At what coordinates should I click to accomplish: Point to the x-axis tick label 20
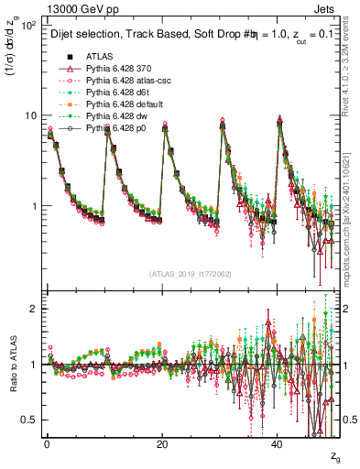162,444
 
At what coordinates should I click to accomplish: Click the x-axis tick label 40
278,444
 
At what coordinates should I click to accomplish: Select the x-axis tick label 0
47,444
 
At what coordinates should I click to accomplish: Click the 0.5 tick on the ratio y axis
30,420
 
